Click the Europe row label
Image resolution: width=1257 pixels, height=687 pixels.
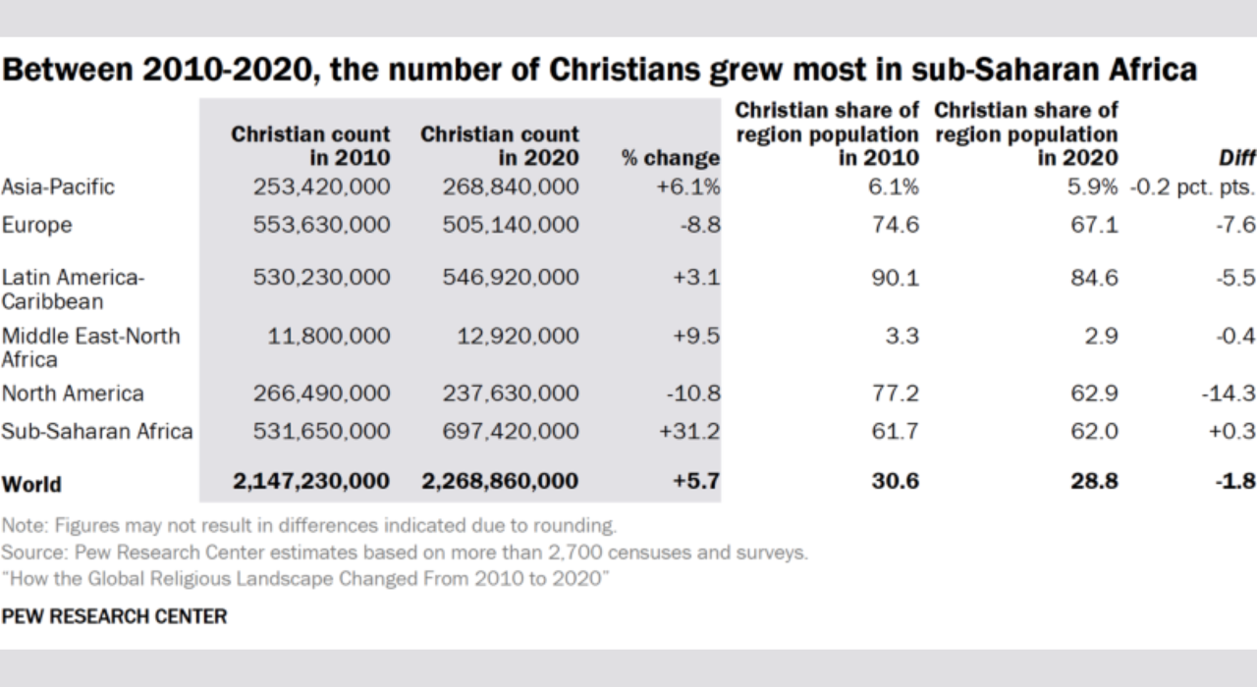pos(36,225)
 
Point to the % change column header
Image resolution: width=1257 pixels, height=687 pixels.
pos(671,157)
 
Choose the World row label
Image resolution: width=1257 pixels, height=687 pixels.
pos(31,484)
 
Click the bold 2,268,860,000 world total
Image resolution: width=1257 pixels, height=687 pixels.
pos(501,482)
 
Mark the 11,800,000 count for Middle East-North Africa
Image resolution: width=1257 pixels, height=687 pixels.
pos(330,337)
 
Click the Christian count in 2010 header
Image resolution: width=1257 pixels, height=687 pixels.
pos(311,145)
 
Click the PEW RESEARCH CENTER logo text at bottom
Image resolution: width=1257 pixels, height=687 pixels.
pos(114,616)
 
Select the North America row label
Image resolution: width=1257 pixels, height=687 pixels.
pos(73,394)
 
